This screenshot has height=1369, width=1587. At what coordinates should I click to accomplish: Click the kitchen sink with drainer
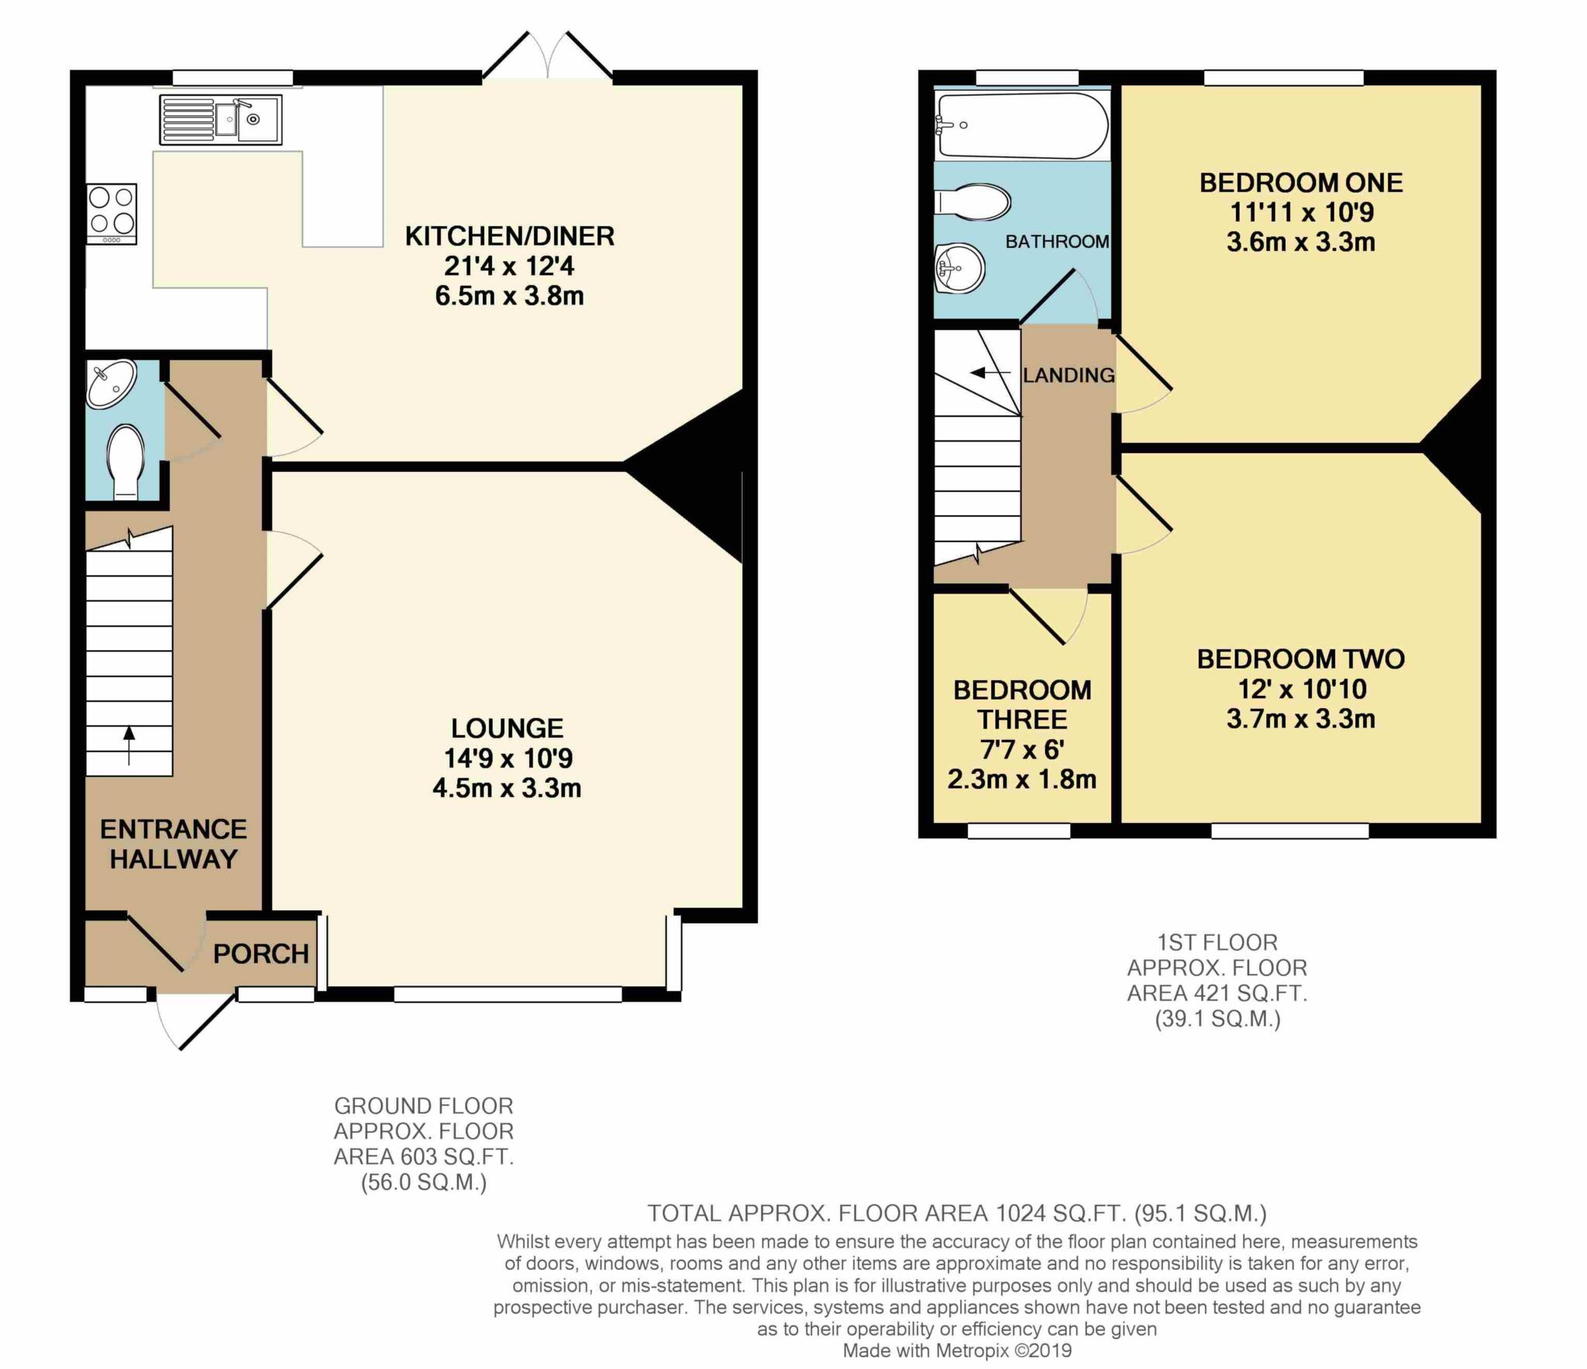point(221,119)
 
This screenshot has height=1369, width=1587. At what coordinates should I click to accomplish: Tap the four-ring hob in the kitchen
point(112,213)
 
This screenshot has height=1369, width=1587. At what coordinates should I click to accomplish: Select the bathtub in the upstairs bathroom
point(1021,125)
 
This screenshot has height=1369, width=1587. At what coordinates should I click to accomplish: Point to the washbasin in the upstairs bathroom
point(960,270)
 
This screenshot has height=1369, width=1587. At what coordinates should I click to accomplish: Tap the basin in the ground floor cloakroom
point(111,384)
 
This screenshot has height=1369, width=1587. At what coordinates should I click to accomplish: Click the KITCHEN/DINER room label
point(509,236)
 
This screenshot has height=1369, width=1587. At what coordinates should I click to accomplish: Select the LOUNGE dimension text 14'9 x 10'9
point(508,758)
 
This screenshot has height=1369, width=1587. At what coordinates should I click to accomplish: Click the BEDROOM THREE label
point(1022,704)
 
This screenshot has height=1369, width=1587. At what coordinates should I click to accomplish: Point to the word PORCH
point(261,954)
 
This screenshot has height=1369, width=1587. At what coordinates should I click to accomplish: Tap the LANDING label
point(1069,375)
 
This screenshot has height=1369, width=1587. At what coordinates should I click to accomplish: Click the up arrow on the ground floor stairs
point(129,744)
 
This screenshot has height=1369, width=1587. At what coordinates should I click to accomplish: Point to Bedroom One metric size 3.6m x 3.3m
point(1300,242)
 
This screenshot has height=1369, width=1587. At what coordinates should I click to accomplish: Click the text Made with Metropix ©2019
point(957,1350)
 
